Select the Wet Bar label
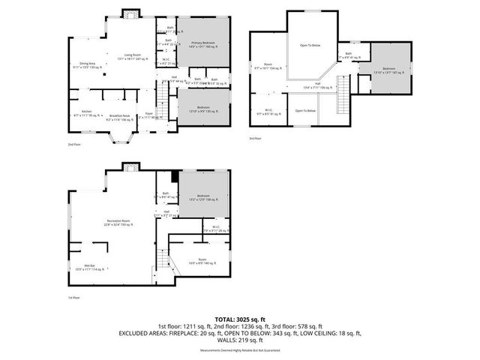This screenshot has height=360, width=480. [89, 267]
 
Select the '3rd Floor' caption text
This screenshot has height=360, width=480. [256, 139]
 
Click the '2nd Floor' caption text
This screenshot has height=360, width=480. [73, 144]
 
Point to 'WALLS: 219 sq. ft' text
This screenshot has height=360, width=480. [239, 339]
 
